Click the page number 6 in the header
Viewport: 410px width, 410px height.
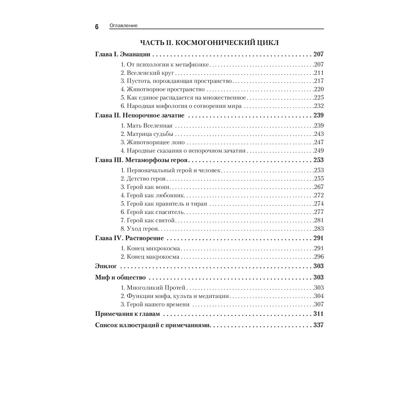coord(97,27)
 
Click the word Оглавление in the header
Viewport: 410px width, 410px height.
coord(123,26)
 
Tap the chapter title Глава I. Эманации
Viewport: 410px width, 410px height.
coord(122,54)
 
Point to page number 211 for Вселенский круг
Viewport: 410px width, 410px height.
coord(319,73)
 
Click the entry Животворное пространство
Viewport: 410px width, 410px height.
coord(166,89)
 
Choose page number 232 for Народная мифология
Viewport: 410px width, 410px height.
coord(319,106)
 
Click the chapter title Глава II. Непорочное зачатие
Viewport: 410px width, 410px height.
coord(140,116)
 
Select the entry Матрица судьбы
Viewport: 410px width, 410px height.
coord(150,134)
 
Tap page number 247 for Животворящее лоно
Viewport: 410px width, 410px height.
coord(319,142)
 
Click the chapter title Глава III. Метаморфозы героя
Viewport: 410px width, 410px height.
coord(141,160)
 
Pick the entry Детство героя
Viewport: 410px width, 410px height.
coord(146,179)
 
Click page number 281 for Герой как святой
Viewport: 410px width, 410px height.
coord(319,220)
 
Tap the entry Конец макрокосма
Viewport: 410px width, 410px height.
coord(153,257)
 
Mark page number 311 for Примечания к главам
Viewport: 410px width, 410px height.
coord(318,314)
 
